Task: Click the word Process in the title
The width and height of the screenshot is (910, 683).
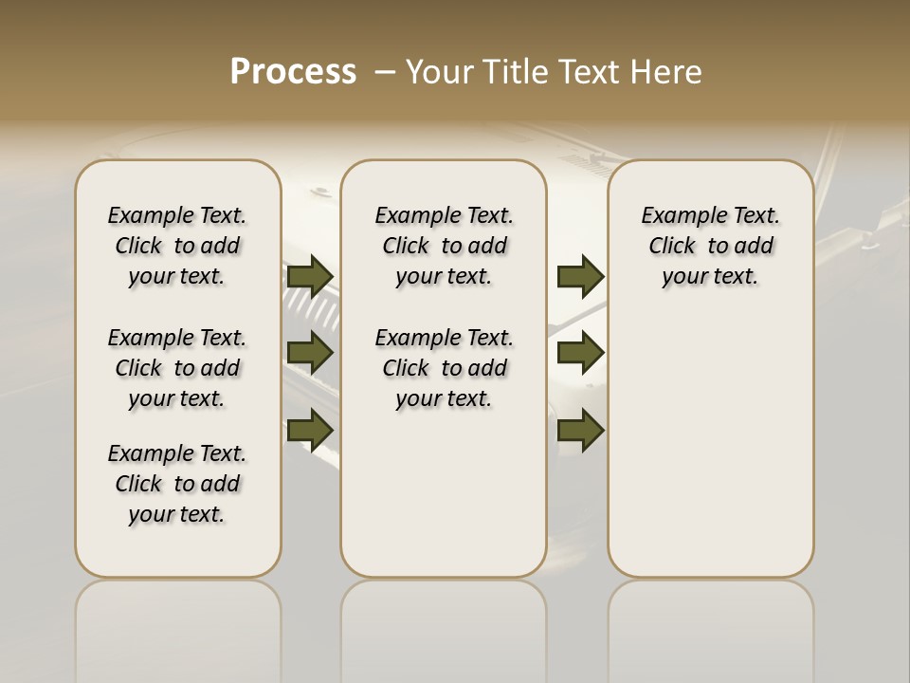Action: pyautogui.click(x=293, y=71)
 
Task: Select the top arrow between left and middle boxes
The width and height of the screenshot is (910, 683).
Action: pyautogui.click(x=310, y=276)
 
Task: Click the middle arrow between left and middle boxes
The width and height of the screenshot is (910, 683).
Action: pyautogui.click(x=310, y=353)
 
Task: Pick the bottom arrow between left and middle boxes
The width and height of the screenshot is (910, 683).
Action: pyautogui.click(x=310, y=429)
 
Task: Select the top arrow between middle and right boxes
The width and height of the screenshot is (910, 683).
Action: pyautogui.click(x=581, y=276)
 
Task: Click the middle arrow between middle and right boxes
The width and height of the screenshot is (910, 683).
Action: pyautogui.click(x=581, y=353)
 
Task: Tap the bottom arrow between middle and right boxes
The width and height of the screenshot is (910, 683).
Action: pyautogui.click(x=581, y=430)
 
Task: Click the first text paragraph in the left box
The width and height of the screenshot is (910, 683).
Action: pyautogui.click(x=177, y=246)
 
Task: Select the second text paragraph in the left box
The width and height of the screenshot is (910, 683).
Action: pyautogui.click(x=177, y=368)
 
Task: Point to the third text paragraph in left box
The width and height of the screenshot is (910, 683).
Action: pyautogui.click(x=177, y=484)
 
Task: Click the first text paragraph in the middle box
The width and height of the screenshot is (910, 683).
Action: pyautogui.click(x=444, y=246)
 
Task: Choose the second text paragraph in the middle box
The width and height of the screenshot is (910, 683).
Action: pyautogui.click(x=444, y=368)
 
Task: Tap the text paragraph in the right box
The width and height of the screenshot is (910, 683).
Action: pyautogui.click(x=710, y=246)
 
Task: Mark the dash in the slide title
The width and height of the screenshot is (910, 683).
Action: pyautogui.click(x=386, y=72)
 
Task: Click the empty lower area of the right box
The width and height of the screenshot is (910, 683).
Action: pyautogui.click(x=710, y=446)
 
